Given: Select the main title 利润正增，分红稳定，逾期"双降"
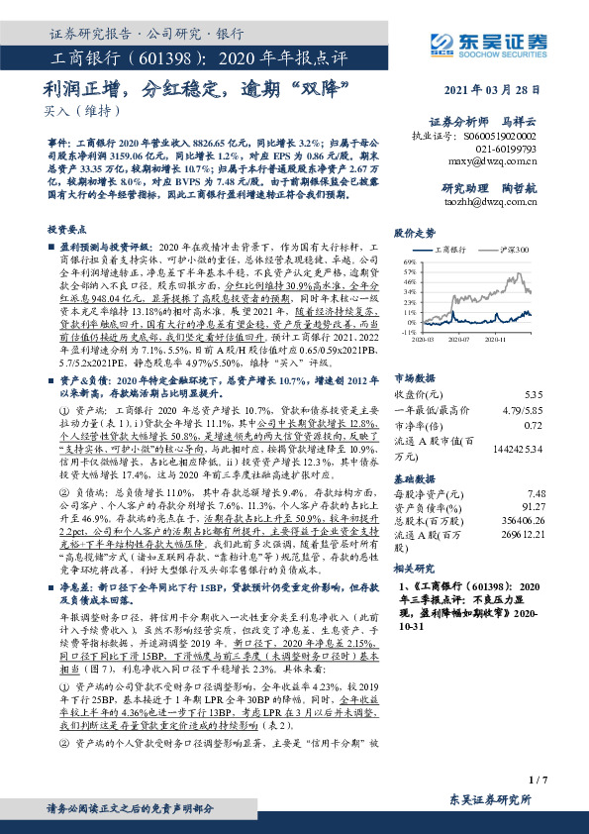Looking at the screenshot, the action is point(199,90).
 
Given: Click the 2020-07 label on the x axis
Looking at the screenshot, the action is point(457,338).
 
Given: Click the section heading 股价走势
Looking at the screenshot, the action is point(414,234).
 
